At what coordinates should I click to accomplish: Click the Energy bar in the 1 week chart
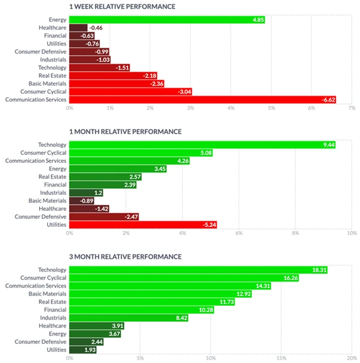click(x=166, y=20)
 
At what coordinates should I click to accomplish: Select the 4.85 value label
click(x=258, y=20)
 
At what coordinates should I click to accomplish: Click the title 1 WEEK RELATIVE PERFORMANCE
click(x=122, y=7)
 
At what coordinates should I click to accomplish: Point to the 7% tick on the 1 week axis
click(x=352, y=107)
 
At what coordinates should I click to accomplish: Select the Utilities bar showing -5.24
click(x=143, y=225)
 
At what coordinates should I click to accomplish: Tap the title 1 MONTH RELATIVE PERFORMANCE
click(x=125, y=131)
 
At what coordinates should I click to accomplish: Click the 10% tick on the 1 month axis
click(x=351, y=233)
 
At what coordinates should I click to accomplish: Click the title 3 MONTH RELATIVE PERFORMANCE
click(x=125, y=257)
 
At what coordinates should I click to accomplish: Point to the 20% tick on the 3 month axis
click(x=351, y=357)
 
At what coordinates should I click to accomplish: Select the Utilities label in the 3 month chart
click(x=56, y=350)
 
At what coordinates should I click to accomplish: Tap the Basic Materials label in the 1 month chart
click(x=47, y=201)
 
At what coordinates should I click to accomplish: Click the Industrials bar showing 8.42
click(x=128, y=317)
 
